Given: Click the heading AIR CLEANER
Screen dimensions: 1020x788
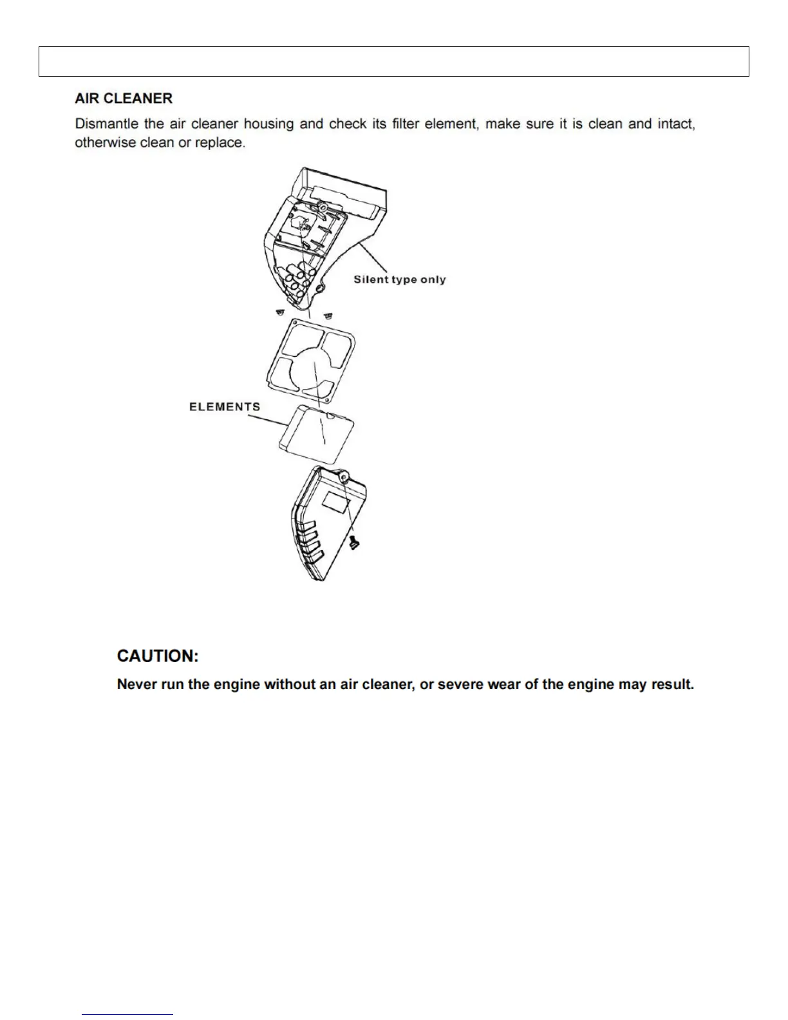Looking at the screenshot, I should tap(124, 99).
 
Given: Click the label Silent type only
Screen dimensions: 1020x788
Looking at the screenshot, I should tap(399, 279).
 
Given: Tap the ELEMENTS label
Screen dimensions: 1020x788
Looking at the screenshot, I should tap(225, 407).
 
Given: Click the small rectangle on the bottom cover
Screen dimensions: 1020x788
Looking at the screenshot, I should tap(336, 502).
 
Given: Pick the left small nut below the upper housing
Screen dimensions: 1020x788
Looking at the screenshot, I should tap(279, 312).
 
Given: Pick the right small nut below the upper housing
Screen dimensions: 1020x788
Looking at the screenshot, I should tap(328, 316).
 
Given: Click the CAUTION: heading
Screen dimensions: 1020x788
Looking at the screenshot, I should tap(158, 656).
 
